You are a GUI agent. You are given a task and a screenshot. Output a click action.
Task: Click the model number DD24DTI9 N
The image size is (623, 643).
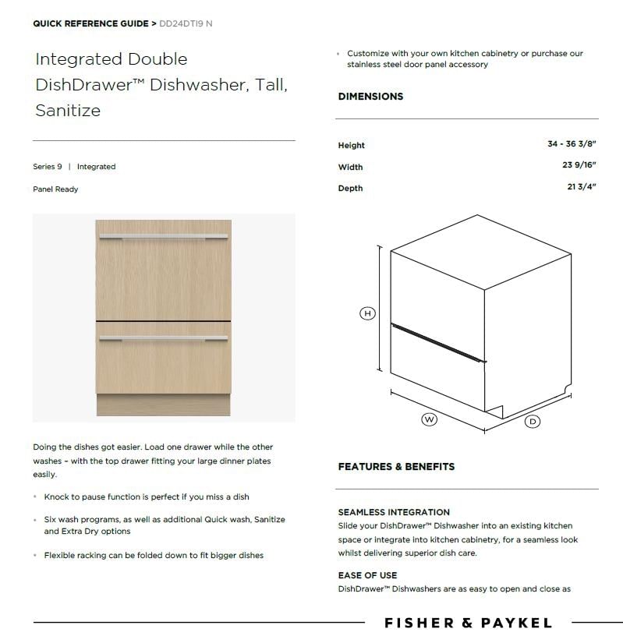185,23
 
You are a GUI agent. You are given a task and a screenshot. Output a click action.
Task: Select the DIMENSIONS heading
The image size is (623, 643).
370,97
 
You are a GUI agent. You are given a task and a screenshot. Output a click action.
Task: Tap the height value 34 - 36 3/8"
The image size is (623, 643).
572,144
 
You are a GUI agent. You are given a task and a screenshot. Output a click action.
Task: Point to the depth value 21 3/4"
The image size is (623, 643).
582,187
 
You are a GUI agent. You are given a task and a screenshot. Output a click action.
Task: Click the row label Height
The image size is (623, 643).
351,145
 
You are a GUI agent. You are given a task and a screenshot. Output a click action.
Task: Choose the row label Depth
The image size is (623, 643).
350,188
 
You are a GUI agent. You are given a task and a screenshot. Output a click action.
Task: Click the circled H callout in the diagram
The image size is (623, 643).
367,313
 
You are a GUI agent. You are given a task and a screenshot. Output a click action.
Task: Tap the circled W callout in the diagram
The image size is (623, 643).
429,419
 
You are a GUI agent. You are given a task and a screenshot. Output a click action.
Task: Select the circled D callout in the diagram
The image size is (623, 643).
533,421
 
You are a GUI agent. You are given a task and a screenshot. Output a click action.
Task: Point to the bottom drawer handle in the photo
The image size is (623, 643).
163,338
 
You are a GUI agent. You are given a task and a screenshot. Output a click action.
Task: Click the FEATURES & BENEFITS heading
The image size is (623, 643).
396,467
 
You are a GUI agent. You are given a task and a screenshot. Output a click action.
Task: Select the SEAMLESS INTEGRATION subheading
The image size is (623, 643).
394,512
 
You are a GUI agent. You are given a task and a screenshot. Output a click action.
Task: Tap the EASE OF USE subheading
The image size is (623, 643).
367,575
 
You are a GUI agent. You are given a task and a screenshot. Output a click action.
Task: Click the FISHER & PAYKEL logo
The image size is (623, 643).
468,623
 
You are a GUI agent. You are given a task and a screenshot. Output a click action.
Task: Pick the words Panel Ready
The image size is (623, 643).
55,189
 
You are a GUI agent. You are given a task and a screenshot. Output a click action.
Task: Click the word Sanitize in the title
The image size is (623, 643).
68,110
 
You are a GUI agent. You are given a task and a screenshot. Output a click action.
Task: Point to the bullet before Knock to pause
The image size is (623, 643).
35,497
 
